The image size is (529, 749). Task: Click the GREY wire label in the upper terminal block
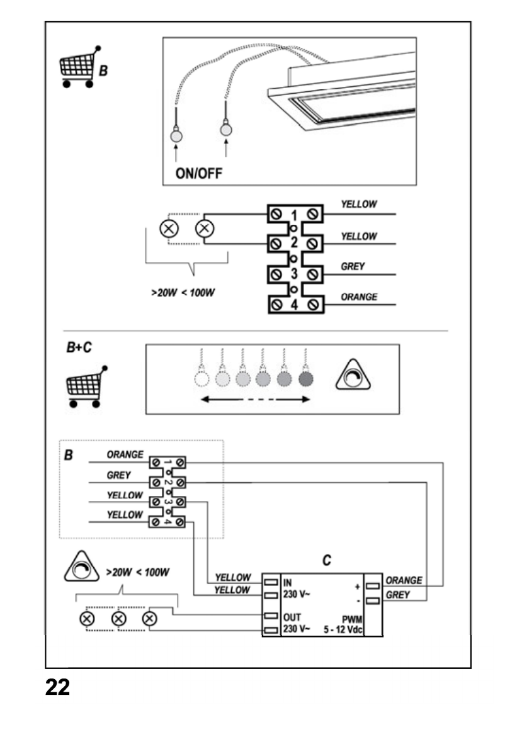353,267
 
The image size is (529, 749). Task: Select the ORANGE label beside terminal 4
359,297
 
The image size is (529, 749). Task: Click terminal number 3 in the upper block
293,273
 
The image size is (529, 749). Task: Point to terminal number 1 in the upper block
293,213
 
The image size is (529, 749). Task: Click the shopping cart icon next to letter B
78,67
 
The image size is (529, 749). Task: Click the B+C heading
79,347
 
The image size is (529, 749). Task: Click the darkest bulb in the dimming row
306,378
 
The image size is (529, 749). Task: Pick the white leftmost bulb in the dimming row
201,378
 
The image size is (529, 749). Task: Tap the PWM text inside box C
350,619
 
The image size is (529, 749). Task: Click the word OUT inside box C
292,617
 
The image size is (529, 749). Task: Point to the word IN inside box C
288,582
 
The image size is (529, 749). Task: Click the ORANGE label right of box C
403,580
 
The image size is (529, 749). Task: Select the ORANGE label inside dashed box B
125,454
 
